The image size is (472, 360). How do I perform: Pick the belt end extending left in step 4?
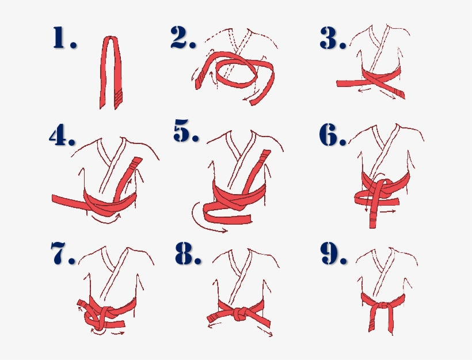click(66, 200)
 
